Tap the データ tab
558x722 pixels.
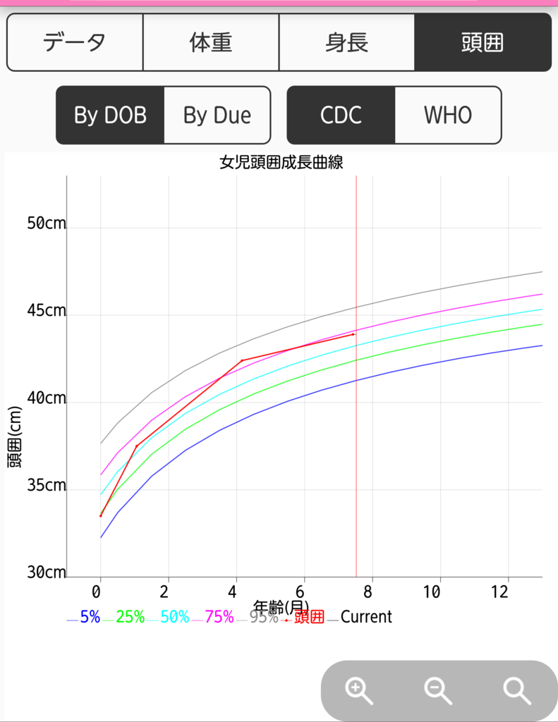tap(75, 42)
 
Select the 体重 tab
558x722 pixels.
tap(211, 42)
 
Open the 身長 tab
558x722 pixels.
tap(346, 42)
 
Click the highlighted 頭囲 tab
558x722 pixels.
tap(483, 42)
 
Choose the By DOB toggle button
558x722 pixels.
tap(110, 115)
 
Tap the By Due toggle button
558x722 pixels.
tap(217, 115)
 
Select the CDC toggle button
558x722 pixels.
tap(341, 115)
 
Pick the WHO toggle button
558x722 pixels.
tap(448, 115)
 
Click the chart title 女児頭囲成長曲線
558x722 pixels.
tap(281, 163)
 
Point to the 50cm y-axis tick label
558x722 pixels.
tap(47, 224)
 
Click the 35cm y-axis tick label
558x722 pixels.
tap(47, 485)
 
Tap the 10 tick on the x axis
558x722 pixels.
tap(432, 592)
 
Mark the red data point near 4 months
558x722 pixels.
tap(242, 360)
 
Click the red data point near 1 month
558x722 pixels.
tap(136, 446)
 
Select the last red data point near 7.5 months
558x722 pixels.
tap(353, 334)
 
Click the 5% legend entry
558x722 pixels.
tap(84, 617)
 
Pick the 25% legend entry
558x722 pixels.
tap(124, 617)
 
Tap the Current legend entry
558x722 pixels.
tap(360, 617)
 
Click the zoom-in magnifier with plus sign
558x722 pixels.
tap(358, 691)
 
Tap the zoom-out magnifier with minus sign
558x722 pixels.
tap(438, 691)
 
